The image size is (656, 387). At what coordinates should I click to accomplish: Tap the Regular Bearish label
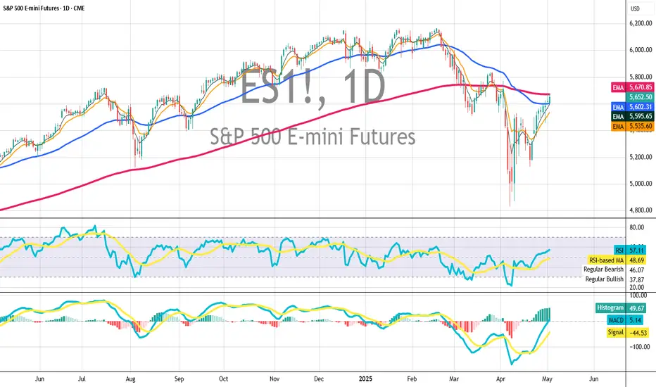pyautogui.click(x=604, y=269)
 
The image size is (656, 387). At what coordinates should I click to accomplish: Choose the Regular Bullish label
pyautogui.click(x=605, y=279)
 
